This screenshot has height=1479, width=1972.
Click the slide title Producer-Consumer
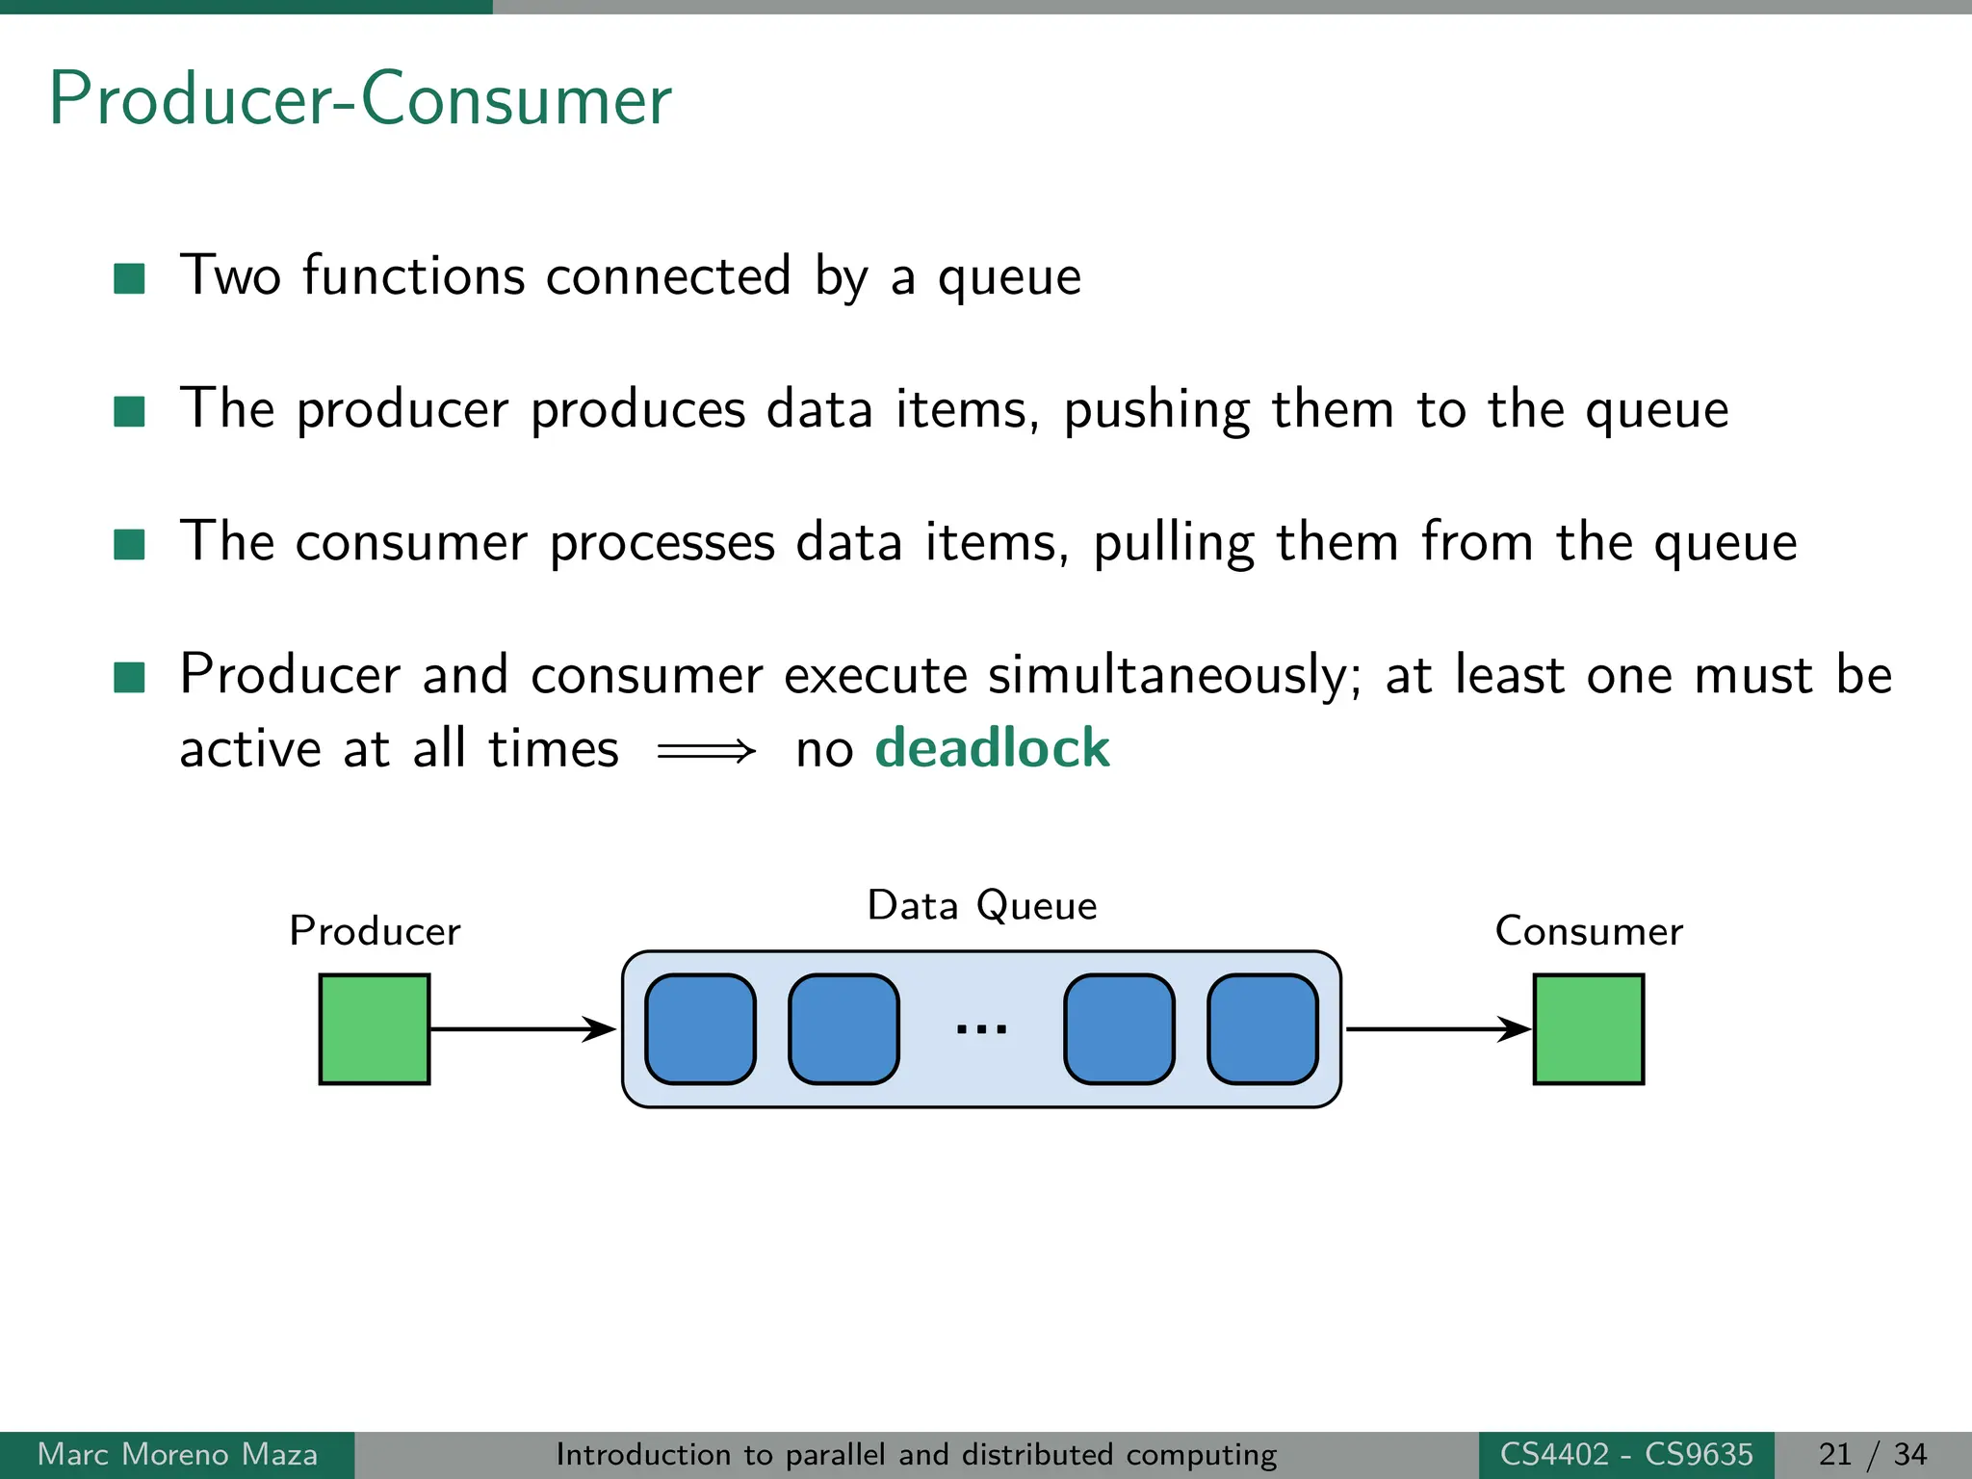360,99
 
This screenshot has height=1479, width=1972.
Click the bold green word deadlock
992,748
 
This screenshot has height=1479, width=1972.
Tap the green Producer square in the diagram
375,1028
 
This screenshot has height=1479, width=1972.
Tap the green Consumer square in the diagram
1588,1028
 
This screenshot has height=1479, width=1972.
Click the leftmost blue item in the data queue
700,1028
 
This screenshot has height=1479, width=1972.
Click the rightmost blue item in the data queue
1262,1028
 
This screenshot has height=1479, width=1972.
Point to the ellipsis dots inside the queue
981,1029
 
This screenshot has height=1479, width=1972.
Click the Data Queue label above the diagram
981,906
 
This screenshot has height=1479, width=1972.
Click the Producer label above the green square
375,931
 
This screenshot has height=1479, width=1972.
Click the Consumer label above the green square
1588,931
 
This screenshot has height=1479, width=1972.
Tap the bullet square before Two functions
129,278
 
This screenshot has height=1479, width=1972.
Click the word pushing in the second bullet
1156,410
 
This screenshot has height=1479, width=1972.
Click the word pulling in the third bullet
1174,543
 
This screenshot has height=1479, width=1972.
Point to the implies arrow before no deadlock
706,750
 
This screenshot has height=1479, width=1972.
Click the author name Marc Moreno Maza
177,1454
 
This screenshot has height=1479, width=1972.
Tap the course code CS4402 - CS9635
1626,1454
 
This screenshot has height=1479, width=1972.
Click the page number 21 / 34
1873,1454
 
